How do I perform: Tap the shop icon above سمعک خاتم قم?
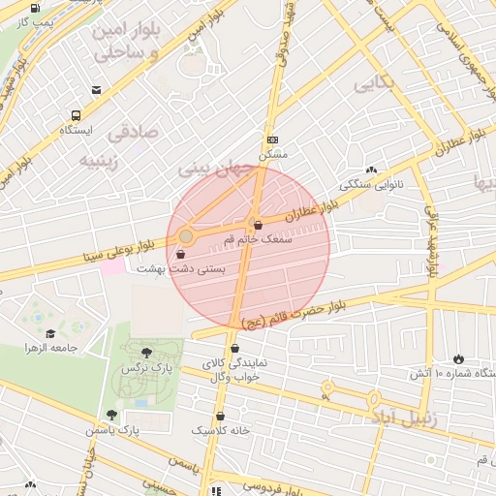click(x=257, y=225)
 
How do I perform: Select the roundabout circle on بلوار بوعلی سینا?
click(x=186, y=236)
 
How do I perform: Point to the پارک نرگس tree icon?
click(x=146, y=354)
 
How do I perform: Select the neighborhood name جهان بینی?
click(x=215, y=169)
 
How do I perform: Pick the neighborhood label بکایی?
click(x=375, y=84)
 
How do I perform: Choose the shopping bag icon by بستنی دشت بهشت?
click(x=181, y=254)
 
